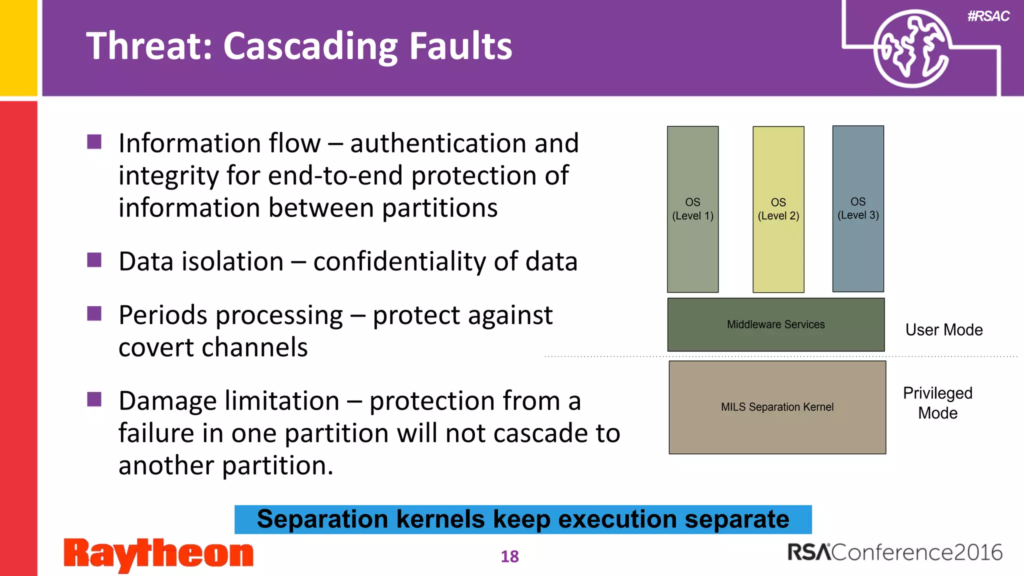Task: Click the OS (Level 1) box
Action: [x=692, y=209]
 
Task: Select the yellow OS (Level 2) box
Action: [x=778, y=209]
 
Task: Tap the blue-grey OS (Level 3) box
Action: [x=858, y=208]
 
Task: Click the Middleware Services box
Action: [x=775, y=324]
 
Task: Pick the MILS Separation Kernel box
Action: [x=777, y=407]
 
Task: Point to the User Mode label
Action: [x=943, y=330]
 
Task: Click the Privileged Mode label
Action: [x=937, y=403]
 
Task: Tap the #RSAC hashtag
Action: [x=988, y=16]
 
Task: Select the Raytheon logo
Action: [x=158, y=554]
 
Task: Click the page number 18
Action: [x=509, y=556]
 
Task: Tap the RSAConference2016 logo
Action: [x=894, y=552]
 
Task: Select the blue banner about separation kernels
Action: [x=522, y=519]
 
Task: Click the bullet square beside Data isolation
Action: [x=94, y=260]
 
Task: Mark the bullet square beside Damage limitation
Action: [x=94, y=399]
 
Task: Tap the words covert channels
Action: [x=213, y=347]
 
